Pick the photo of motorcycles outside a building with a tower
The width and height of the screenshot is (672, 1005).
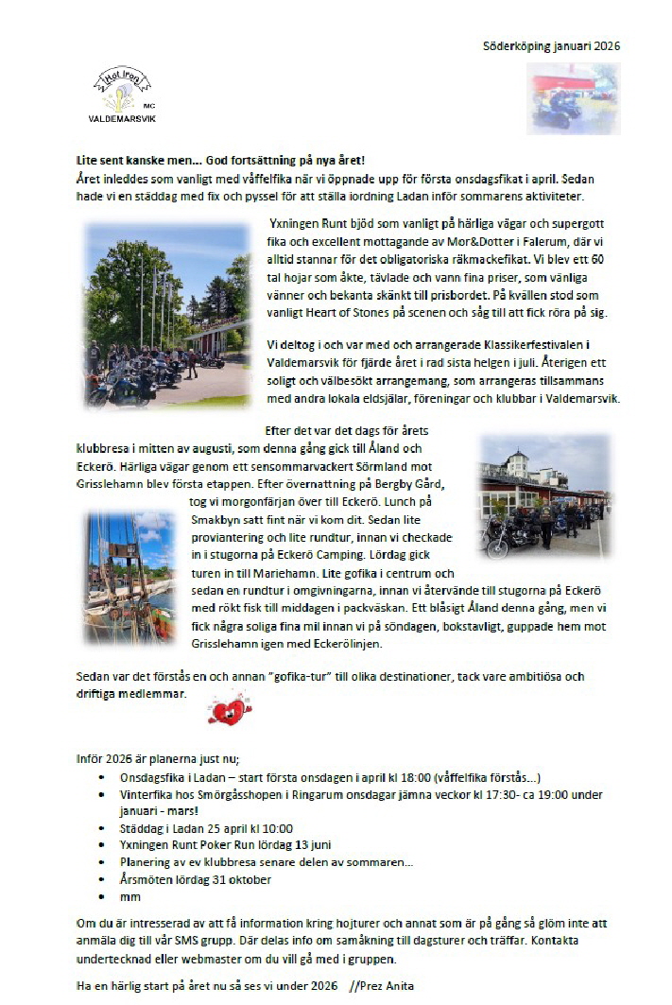pyautogui.click(x=544, y=497)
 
